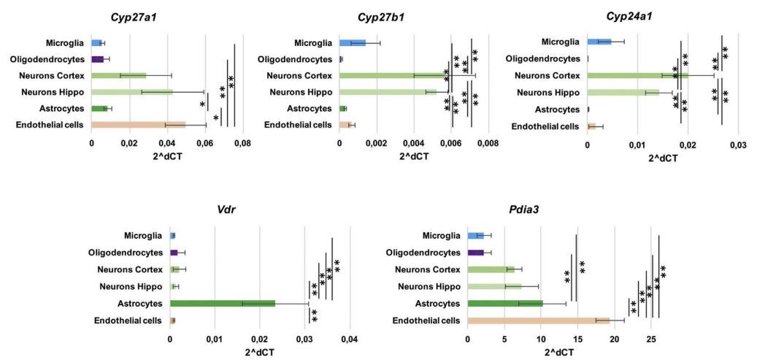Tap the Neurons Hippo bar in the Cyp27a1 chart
pos(132,92)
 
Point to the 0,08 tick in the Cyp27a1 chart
pos(242,142)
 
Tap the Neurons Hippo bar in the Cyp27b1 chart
pos(388,92)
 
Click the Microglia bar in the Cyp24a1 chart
pos(599,42)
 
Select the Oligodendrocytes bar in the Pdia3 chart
pos(475,253)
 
